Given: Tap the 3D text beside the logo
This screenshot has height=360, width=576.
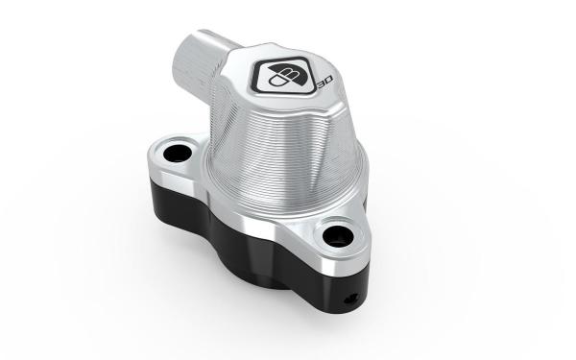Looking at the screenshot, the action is pos(325,83).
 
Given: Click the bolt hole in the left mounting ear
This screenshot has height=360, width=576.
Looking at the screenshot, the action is pos(177,154).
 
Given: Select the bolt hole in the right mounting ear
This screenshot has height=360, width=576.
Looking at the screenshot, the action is pos(338,236).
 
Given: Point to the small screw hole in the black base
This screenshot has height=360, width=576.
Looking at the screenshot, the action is pos(350,299).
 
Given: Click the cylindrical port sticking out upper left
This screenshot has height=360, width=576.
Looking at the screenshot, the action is pos(199,64).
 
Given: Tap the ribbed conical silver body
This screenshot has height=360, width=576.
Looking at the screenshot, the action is pos(283,155).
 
